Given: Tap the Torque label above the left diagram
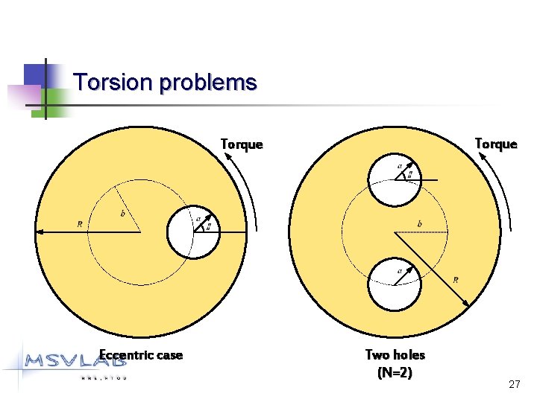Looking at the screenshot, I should click(242, 144).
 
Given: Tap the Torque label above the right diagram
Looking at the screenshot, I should click(495, 144).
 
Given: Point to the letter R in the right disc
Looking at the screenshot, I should click(455, 280).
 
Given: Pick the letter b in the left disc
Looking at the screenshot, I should click(122, 214).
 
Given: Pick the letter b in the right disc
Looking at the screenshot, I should click(419, 223).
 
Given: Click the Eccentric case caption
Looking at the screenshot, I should click(141, 355).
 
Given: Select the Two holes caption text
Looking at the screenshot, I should click(395, 355).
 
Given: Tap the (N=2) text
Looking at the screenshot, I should click(395, 371).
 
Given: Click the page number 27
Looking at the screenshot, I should click(514, 384).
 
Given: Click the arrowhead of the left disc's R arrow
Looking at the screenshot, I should click(40, 232).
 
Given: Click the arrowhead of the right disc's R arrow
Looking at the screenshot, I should click(467, 303).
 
